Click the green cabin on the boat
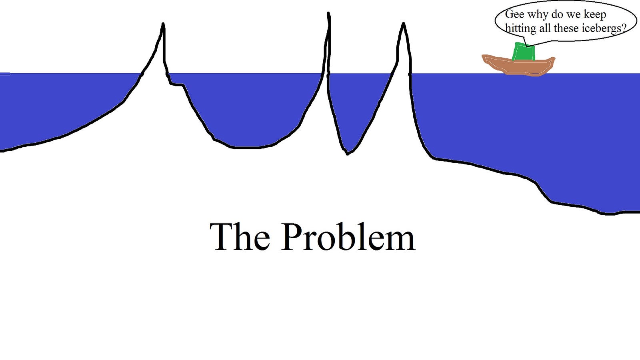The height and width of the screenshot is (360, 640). point(524,52)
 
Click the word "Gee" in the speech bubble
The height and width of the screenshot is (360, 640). point(514,14)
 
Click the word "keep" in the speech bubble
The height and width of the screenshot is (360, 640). point(595,15)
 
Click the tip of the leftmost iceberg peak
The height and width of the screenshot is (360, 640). point(163,24)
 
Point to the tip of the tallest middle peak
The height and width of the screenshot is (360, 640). point(328,14)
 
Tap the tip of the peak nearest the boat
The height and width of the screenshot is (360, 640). point(403,24)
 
